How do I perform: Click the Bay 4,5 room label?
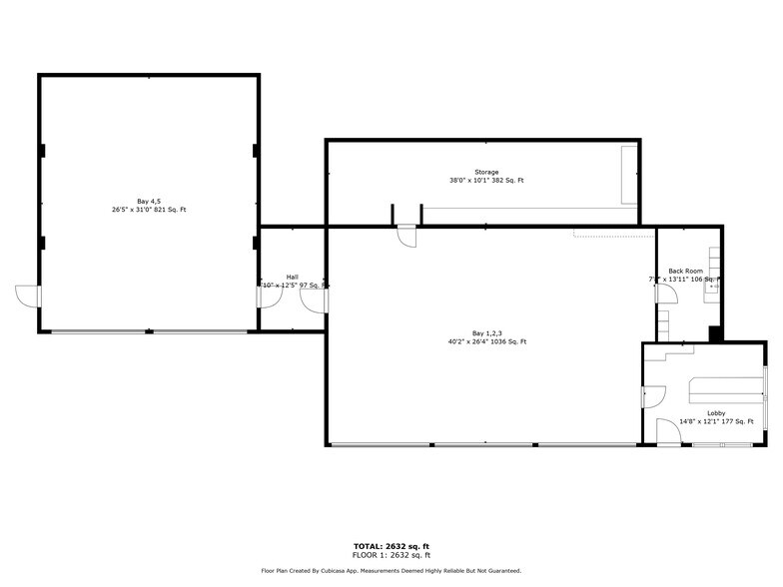149,201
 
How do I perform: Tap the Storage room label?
486,172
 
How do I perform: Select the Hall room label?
292,277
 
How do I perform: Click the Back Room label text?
685,271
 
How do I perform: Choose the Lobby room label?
716,412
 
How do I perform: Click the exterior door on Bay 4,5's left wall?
28,295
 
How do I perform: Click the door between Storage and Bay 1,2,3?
406,236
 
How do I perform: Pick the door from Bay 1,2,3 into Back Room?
661,298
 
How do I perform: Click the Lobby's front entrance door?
667,434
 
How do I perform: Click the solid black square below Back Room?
715,333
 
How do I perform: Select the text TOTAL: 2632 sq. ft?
391,546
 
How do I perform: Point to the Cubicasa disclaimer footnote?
391,571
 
